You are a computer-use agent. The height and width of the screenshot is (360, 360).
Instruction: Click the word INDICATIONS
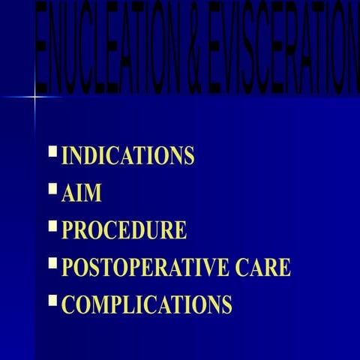click(127, 156)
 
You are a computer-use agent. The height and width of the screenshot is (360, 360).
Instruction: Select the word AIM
click(81, 193)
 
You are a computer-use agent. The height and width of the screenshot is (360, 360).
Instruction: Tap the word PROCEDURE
click(124, 230)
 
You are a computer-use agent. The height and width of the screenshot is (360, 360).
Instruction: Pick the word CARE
click(263, 267)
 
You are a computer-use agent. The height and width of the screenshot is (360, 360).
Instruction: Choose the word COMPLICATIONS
click(146, 304)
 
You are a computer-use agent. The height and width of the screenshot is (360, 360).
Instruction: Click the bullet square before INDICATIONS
click(52, 151)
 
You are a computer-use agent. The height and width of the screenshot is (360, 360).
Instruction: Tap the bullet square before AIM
click(52, 188)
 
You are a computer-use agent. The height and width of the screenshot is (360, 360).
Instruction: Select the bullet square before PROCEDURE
click(52, 225)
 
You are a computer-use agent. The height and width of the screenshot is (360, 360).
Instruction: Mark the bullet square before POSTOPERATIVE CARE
click(52, 262)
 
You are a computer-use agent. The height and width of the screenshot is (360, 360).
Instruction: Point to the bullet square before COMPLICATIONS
click(52, 300)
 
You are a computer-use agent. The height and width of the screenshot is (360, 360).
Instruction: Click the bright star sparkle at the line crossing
click(35, 96)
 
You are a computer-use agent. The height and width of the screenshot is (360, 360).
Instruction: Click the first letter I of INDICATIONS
click(64, 156)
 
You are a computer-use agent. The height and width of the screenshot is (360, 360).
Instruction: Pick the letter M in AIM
click(93, 193)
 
